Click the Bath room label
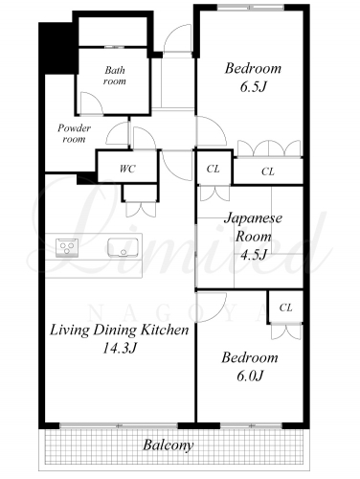pos(115,76)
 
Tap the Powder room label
pos(74,133)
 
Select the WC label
pos(127,169)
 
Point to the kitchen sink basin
pos(123,247)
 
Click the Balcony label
pos(169,445)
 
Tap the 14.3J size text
pos(120,348)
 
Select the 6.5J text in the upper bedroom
pos(253,86)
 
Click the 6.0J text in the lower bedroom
pos(250,376)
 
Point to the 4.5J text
pos(253,255)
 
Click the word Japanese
pos(253,218)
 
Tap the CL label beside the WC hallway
pos(213,169)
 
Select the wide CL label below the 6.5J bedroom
pos(268,171)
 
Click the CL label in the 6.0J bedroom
pos(285,308)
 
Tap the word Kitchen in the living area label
pos(166,330)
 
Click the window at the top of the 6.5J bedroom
pos(251,7)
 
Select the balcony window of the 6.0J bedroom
pos(252,425)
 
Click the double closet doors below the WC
pos(141,210)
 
